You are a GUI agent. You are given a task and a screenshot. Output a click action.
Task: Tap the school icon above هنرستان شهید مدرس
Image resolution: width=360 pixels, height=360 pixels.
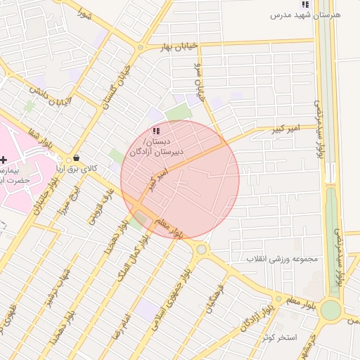[304, 4]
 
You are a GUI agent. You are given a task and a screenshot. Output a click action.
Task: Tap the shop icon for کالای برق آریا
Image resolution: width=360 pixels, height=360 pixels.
[76, 158]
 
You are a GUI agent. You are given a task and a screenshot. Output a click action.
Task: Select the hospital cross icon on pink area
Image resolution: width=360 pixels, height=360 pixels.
[5, 160]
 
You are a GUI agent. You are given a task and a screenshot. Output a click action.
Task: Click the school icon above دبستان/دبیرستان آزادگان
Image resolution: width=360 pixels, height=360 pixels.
[156, 131]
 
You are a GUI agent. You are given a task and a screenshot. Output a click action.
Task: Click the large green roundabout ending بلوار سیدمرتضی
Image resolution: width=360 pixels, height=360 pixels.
[330, 310]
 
